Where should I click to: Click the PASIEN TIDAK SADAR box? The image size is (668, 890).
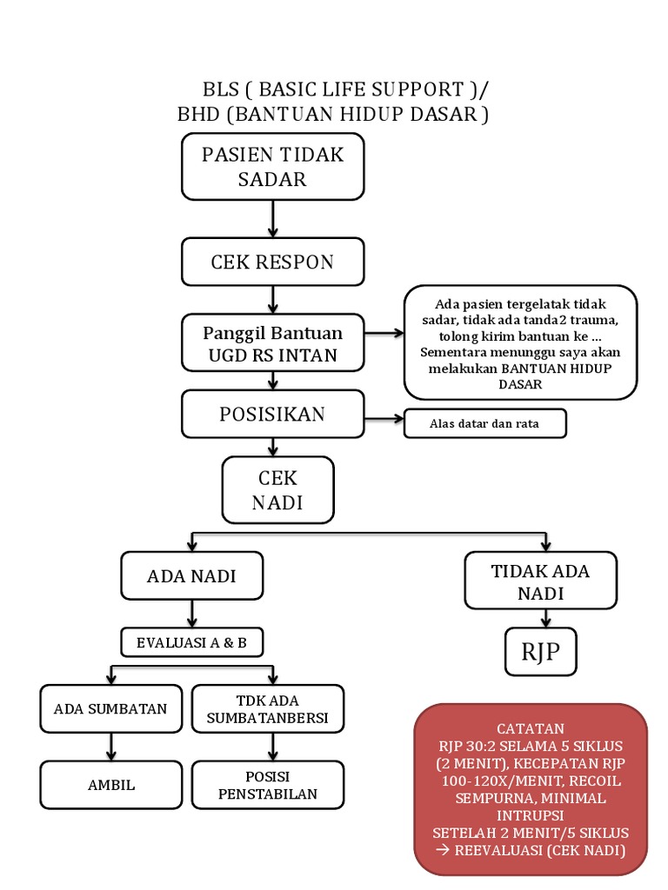(x=272, y=167)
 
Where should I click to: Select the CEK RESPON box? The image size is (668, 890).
(x=272, y=262)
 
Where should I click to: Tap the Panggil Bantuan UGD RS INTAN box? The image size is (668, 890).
(x=272, y=343)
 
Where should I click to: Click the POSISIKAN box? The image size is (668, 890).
(x=272, y=415)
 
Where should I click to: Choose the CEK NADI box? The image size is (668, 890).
(x=277, y=490)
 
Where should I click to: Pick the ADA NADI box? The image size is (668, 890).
(x=191, y=575)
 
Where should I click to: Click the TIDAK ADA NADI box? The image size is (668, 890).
(x=540, y=581)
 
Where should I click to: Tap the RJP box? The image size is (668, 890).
(x=540, y=652)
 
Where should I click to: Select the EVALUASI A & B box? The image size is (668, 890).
(x=191, y=643)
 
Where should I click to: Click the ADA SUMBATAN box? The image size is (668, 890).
(x=110, y=708)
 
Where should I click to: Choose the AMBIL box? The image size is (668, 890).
(x=111, y=785)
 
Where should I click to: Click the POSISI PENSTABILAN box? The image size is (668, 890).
(x=268, y=785)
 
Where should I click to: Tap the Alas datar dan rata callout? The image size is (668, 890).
(x=484, y=424)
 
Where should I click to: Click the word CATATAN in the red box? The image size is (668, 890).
(x=531, y=728)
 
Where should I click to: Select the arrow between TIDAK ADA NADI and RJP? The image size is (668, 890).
(x=544, y=618)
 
